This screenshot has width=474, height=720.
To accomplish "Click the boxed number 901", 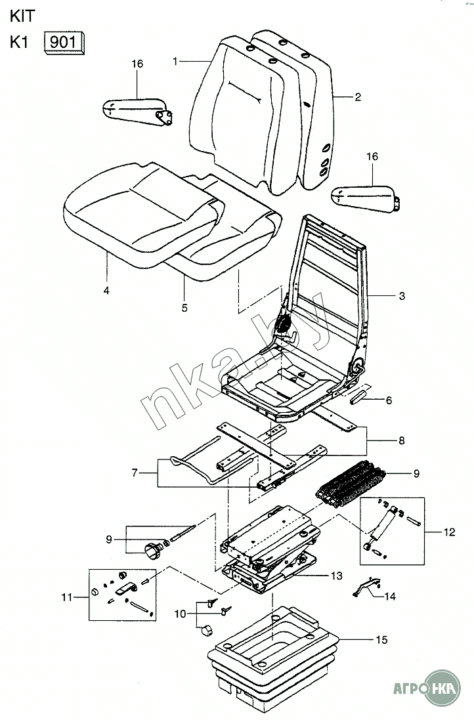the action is [x=62, y=42].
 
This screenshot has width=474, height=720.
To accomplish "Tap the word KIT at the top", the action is [x=22, y=16].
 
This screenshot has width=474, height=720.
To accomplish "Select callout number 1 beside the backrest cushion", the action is [x=175, y=61].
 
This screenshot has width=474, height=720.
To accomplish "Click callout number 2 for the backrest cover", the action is [x=357, y=97].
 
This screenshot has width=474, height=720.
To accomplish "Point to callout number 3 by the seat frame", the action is [x=402, y=296].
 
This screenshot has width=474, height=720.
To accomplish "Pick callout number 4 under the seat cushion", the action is [x=106, y=290].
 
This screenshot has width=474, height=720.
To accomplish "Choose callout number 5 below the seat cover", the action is [x=184, y=308].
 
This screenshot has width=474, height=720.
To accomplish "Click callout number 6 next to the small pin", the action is [x=389, y=400].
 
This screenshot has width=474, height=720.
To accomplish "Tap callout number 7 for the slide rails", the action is [x=135, y=473].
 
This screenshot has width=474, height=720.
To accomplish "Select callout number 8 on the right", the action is [x=401, y=441].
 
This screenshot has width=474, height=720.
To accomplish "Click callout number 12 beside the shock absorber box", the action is [x=449, y=532].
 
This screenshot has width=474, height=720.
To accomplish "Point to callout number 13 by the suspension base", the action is [x=337, y=576].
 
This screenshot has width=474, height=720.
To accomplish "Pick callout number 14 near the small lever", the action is [x=389, y=597].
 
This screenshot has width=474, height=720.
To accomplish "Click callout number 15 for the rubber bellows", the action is [x=381, y=640].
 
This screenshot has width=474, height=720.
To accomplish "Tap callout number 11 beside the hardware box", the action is [x=67, y=597].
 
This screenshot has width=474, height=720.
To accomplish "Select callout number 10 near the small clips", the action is [x=181, y=614].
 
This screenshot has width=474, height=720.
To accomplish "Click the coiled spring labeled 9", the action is [x=351, y=484].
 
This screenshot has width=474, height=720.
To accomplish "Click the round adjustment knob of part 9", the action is [x=154, y=550].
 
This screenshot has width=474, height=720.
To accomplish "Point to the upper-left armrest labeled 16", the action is [x=137, y=112].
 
